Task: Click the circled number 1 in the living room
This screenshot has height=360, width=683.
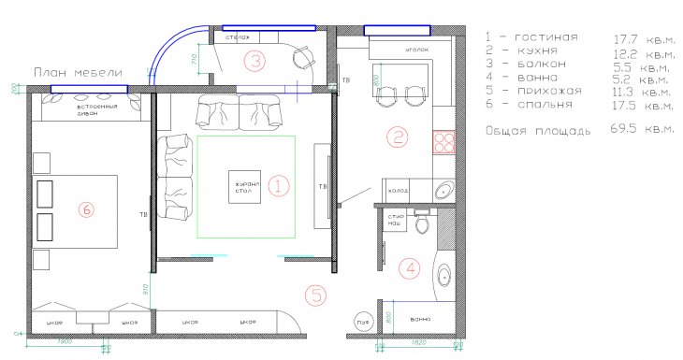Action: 278,185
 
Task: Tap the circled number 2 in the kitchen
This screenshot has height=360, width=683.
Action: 399,138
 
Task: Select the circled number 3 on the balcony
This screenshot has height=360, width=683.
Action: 254,62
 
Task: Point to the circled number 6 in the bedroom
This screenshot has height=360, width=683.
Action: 86,211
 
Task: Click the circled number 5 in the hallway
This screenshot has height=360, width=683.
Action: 316,296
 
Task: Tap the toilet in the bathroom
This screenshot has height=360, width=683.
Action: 423,225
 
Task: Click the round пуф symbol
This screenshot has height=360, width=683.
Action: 360,323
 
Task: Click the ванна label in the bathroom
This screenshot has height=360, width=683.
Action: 420,320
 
